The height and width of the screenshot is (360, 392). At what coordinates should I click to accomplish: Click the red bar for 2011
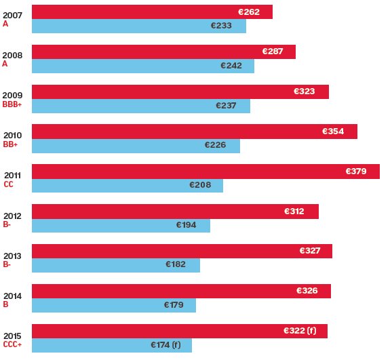pyautogui.click(x=203, y=172)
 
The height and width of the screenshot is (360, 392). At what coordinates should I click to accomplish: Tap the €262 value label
pyautogui.click(x=249, y=12)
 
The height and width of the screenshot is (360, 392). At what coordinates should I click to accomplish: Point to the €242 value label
pyautogui.click(x=231, y=66)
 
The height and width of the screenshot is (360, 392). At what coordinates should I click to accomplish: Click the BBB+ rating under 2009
pyautogui.click(x=12, y=104)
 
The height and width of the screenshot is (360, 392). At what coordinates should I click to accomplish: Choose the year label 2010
pyautogui.click(x=12, y=136)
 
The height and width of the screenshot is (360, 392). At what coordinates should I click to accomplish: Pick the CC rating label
pyautogui.click(x=8, y=184)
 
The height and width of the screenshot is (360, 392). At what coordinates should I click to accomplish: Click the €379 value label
pyautogui.click(x=356, y=172)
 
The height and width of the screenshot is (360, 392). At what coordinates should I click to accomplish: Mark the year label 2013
pyautogui.click(x=12, y=256)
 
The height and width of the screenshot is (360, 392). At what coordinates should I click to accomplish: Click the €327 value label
pyautogui.click(x=310, y=251)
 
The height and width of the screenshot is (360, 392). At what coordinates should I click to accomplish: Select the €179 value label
pyautogui.click(x=174, y=305)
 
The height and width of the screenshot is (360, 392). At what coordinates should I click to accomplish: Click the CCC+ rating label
pyautogui.click(x=12, y=344)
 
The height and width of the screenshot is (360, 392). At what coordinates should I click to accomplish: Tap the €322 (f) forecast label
pyautogui.click(x=300, y=331)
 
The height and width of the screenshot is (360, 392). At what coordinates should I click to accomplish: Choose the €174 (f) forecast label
pyautogui.click(x=165, y=345)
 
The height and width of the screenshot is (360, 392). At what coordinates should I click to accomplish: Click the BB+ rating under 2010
pyautogui.click(x=10, y=144)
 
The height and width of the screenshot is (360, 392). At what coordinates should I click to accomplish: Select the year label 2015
pyautogui.click(x=12, y=336)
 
